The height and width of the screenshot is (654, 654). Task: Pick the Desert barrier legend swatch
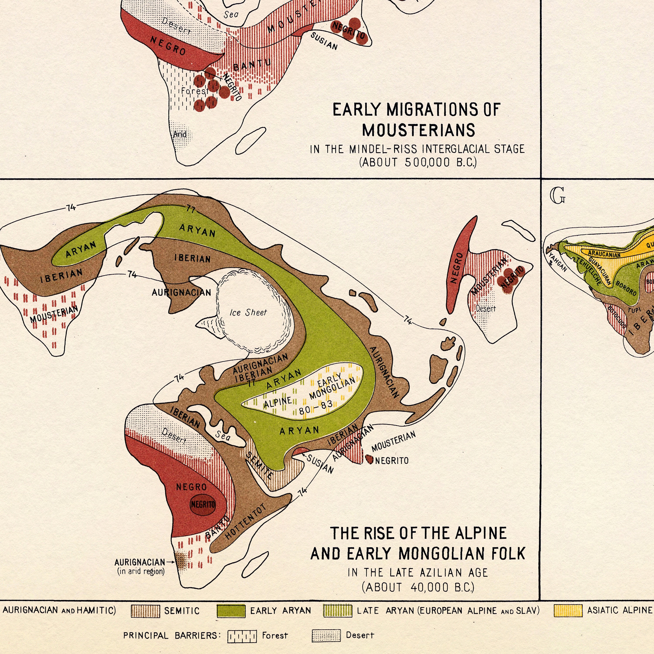click(x=326, y=636)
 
